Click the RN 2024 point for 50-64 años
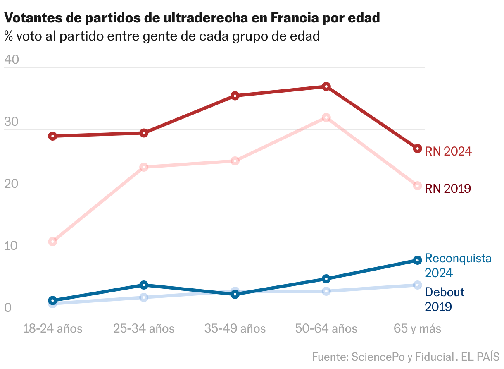326,86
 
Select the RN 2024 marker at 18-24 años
52,136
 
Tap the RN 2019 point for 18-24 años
52,242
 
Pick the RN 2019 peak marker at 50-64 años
326,117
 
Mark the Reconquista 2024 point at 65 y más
417,260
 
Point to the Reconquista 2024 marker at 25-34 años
144,285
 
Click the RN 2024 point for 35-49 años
235,96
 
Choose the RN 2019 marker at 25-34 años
144,167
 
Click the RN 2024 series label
448,151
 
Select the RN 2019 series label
448,189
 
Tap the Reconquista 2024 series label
458,266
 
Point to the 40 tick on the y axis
12,60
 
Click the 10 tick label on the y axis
11,246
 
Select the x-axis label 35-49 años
235,329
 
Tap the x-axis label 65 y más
417,329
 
